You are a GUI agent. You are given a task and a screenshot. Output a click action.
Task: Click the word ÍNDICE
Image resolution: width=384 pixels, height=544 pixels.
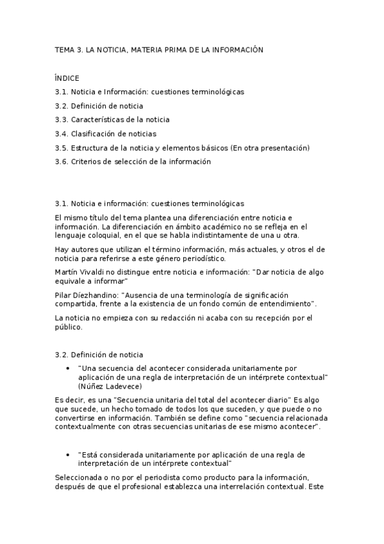(67, 78)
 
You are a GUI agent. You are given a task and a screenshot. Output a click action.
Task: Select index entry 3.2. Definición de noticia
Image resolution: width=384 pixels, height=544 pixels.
(99, 106)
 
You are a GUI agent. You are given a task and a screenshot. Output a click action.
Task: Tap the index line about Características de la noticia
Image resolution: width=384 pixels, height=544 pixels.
(112, 120)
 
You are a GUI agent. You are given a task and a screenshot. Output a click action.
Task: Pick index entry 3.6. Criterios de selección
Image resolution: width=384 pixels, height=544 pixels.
(133, 162)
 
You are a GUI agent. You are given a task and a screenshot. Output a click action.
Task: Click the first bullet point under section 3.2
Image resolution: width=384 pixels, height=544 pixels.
(69, 369)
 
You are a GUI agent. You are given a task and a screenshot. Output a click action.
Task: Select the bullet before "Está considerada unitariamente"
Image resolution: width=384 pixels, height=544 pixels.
(69, 454)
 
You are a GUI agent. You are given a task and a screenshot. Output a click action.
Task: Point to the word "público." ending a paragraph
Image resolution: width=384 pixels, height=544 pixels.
(69, 327)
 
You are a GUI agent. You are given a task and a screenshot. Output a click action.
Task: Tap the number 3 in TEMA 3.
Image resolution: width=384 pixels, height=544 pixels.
(78, 49)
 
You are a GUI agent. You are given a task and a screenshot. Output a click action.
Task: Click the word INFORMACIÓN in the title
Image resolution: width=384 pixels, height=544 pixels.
(237, 49)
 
